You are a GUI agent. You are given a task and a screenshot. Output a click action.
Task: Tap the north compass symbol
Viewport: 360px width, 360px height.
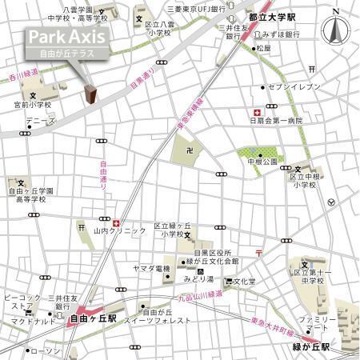coord(334,30)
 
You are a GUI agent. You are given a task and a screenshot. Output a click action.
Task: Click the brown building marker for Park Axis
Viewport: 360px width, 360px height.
coord(91,95)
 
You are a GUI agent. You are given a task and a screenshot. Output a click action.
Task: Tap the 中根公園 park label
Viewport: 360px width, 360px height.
coord(263,161)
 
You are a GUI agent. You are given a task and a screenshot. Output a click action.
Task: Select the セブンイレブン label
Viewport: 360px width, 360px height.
coord(294,86)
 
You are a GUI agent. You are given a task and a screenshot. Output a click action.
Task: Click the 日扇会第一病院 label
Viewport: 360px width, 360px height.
coord(276,121)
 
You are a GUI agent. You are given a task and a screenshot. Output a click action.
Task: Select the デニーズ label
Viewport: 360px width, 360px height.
coord(39,121)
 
